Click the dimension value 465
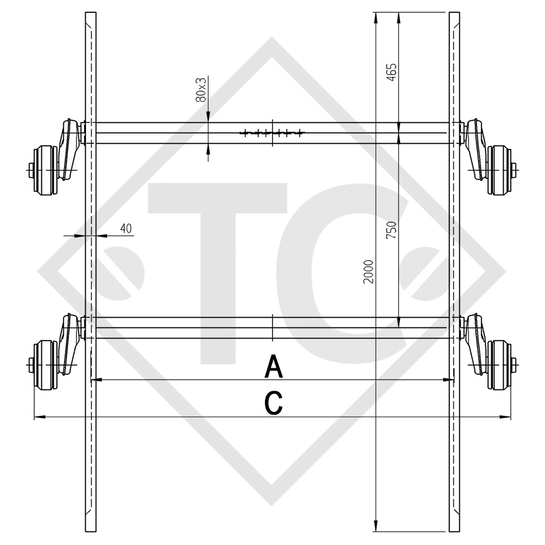(392, 72)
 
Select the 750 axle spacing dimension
(392, 229)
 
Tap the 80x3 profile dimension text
(201, 89)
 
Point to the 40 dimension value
(126, 228)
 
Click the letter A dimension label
(274, 367)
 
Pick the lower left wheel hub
(43, 364)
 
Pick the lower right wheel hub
(501, 364)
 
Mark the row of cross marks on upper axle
(272, 133)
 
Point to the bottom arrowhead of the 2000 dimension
(376, 526)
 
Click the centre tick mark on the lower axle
(272, 328)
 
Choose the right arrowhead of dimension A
(451, 380)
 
